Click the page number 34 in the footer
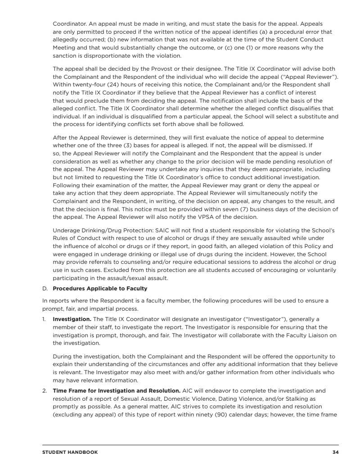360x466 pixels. pyautogui.click(x=335, y=452)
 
